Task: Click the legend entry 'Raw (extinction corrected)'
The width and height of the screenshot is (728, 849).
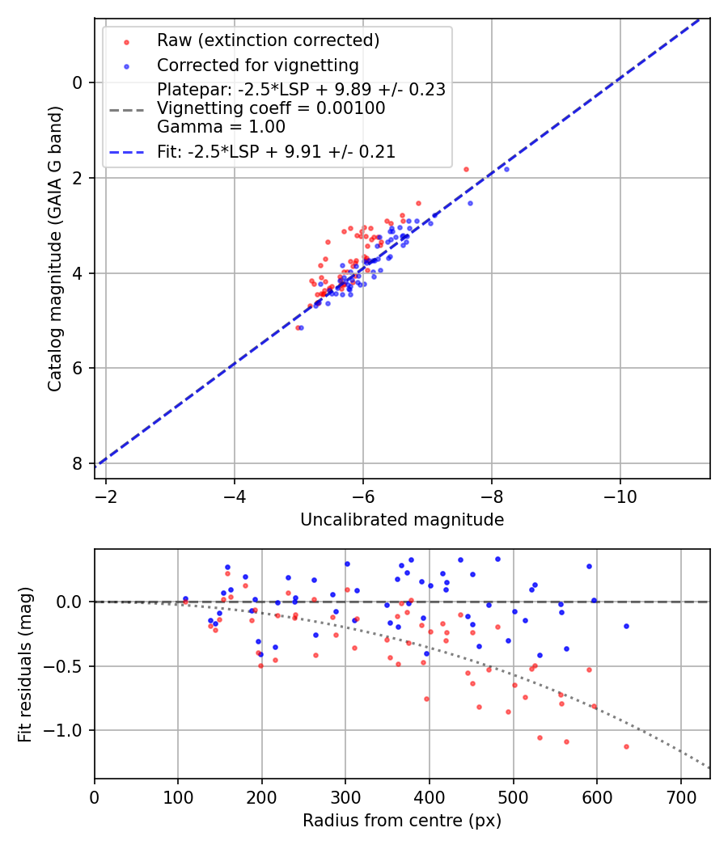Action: point(268,40)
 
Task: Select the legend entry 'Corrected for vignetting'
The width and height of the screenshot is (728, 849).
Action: point(257,65)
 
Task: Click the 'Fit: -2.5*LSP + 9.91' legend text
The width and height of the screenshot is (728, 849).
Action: point(276,151)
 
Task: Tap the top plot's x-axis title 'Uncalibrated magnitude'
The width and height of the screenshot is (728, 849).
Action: point(402,520)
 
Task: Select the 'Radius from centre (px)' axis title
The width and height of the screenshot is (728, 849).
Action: point(402,821)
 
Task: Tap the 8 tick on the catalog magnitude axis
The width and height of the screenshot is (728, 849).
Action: point(78,463)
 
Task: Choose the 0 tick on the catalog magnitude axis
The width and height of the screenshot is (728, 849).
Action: point(78,82)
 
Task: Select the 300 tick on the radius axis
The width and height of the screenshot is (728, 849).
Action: point(345,796)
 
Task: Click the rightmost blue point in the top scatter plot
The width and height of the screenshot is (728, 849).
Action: point(506,169)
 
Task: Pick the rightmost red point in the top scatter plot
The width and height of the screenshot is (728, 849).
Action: point(466,169)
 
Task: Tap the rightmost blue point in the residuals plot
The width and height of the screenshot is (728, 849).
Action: point(626,626)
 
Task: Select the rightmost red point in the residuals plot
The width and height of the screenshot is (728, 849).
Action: point(626,746)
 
